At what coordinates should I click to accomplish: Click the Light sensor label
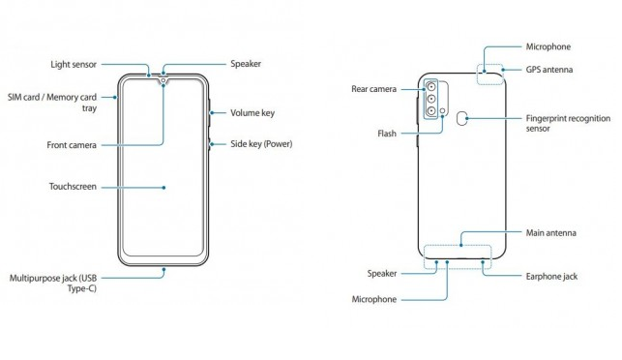click(74, 64)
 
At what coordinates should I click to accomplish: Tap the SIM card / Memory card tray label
click(52, 103)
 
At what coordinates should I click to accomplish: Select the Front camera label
click(72, 145)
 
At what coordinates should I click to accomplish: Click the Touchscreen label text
click(73, 187)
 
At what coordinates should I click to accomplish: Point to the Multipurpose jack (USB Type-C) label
click(53, 283)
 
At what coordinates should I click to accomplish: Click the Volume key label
click(252, 112)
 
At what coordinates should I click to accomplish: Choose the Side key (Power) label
click(261, 143)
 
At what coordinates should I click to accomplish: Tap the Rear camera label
click(373, 89)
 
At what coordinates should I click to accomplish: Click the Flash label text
click(387, 134)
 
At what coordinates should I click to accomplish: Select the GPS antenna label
click(549, 70)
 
